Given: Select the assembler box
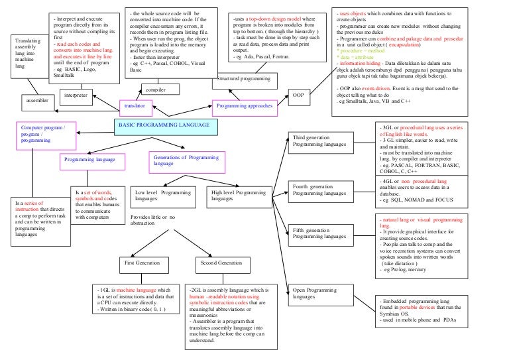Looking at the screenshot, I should tap(36, 101).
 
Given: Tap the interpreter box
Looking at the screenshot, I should tap(75, 95).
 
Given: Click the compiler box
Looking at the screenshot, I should tap(156, 88).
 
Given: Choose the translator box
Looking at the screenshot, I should tap(135, 105).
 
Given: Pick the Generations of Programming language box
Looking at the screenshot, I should tap(186, 160).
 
